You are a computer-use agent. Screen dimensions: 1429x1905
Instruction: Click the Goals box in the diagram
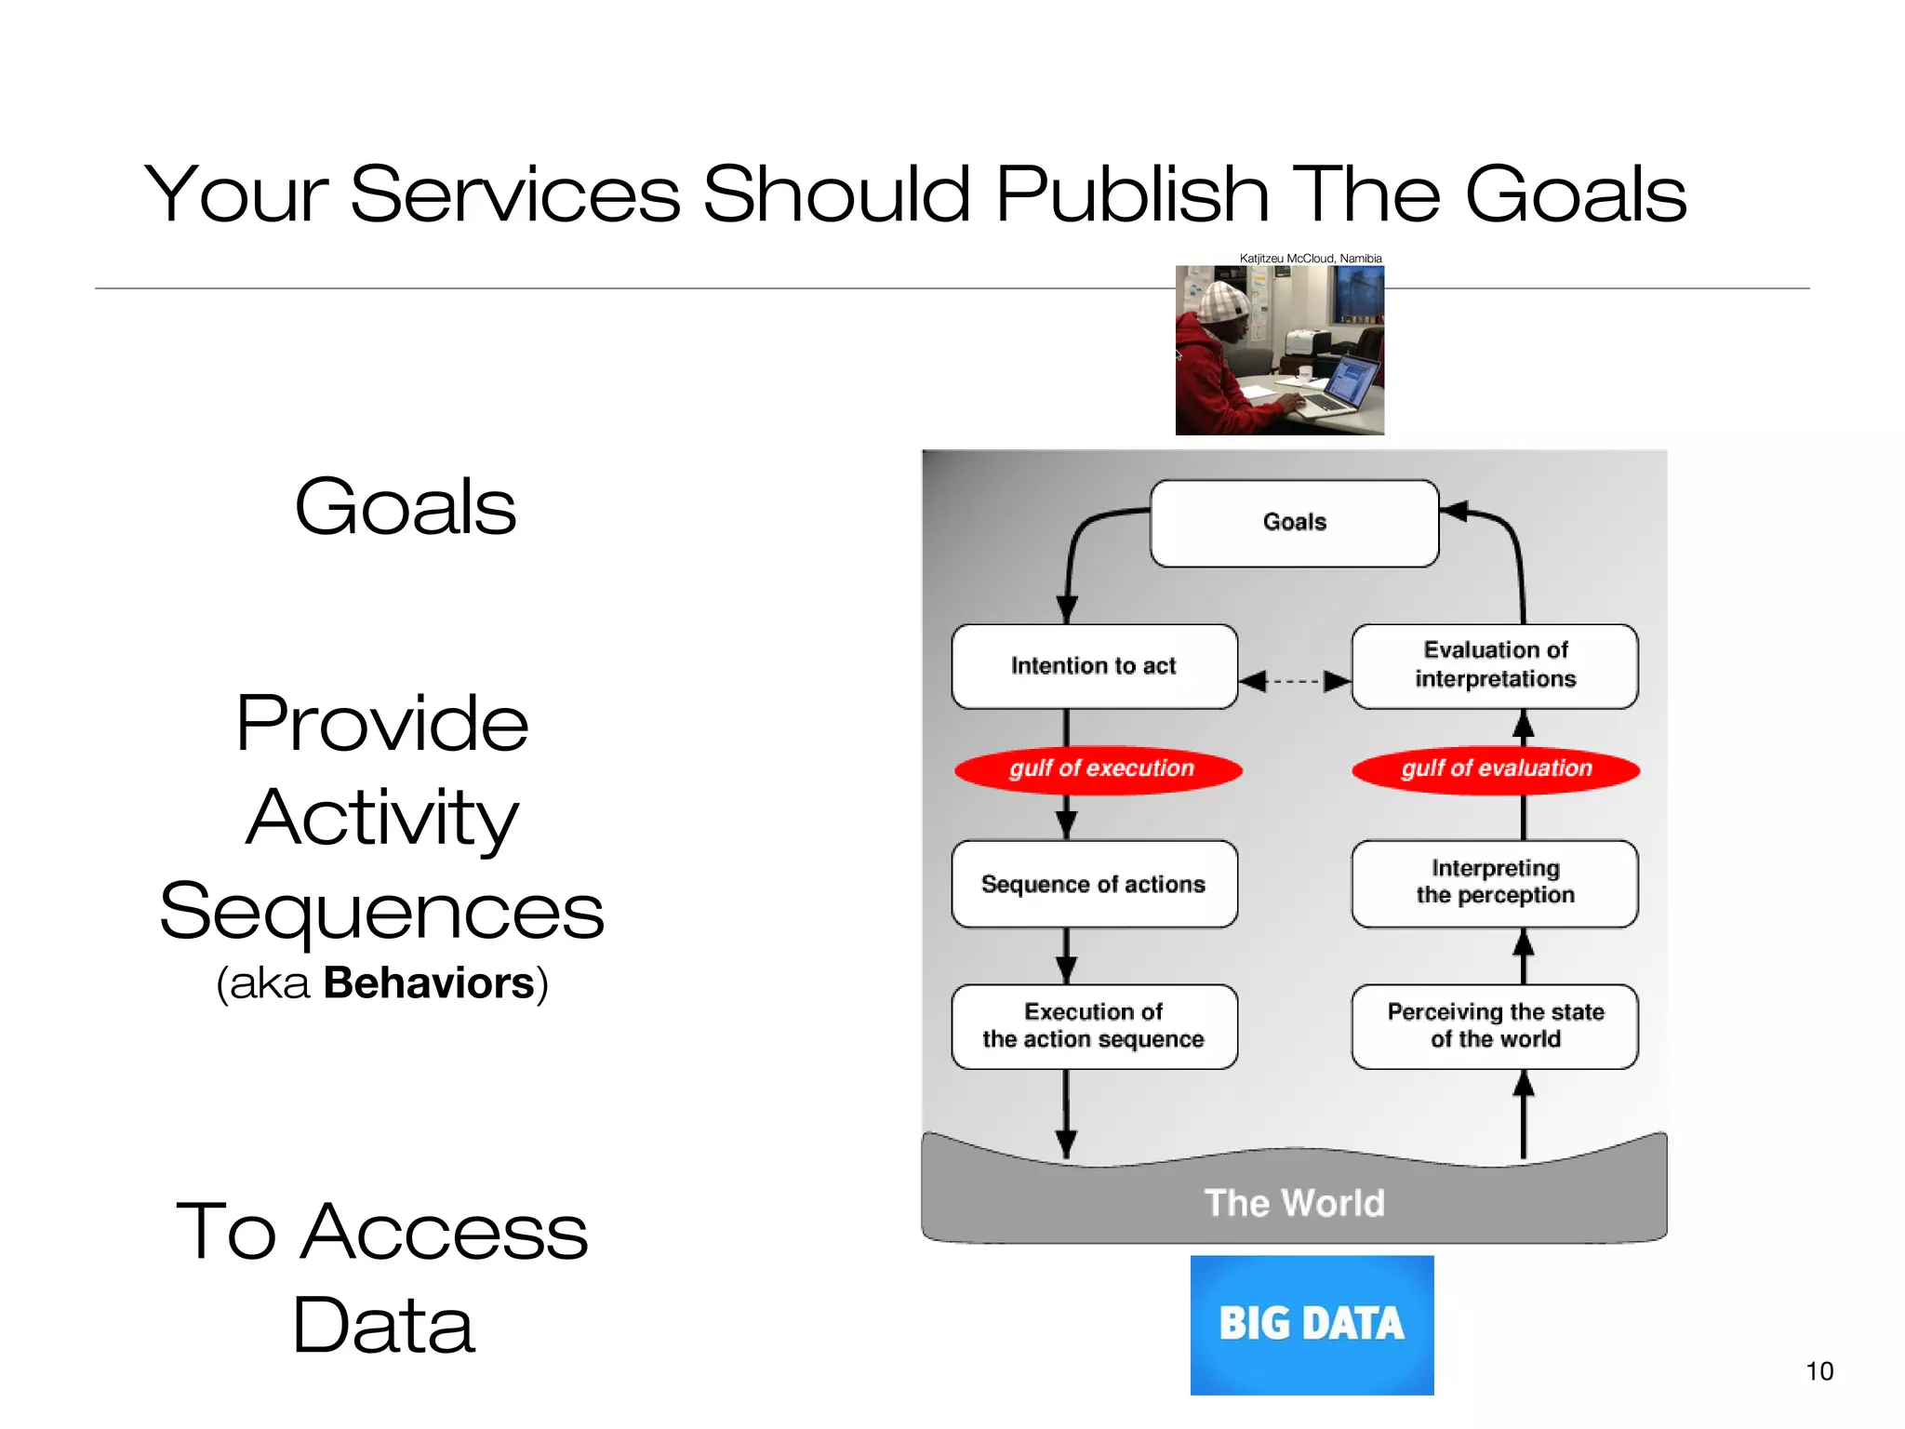coord(1294,523)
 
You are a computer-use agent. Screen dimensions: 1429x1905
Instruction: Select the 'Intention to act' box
coord(1094,666)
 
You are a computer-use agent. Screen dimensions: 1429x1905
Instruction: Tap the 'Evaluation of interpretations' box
coord(1495,665)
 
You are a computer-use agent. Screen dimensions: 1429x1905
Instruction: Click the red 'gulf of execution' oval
coord(1099,769)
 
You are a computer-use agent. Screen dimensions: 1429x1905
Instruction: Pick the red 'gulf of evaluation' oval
coord(1496,769)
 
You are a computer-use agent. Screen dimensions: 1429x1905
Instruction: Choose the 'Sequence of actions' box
coord(1094,884)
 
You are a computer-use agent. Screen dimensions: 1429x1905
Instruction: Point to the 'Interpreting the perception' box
coord(1495,883)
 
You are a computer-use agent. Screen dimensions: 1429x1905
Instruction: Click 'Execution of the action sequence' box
coord(1094,1026)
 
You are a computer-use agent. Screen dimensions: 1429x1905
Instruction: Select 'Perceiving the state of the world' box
coord(1495,1026)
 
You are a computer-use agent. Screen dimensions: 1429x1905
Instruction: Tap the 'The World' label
coord(1294,1203)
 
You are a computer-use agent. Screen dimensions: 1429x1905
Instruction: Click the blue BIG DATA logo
coord(1312,1324)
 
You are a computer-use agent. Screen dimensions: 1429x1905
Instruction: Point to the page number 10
coord(1819,1370)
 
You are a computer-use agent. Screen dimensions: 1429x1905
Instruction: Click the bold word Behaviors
coord(429,983)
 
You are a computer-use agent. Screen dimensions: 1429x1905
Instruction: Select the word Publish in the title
coord(1132,194)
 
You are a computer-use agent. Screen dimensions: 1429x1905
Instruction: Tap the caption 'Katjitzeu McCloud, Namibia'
coord(1310,259)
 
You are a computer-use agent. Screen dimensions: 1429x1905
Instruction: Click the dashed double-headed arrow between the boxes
coord(1295,681)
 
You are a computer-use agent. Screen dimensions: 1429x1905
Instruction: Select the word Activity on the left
coord(382,817)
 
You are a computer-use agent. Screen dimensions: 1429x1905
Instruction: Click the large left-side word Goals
coord(405,507)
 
